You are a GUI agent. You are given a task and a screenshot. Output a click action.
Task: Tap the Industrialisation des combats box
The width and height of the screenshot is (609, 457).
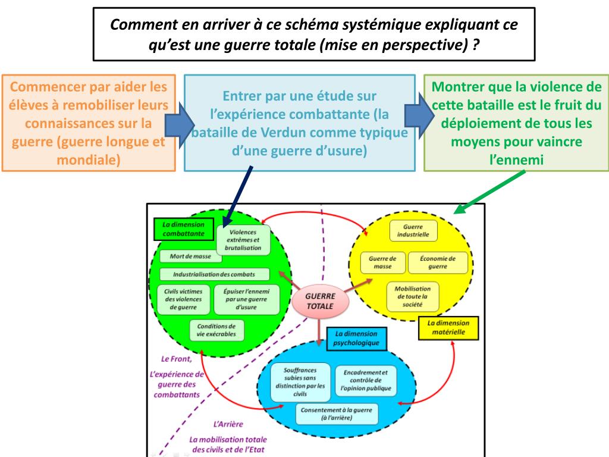click(215, 274)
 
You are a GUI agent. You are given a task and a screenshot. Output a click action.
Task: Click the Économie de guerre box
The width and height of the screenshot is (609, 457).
click(438, 262)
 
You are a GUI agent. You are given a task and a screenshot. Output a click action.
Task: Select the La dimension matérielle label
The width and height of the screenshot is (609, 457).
click(448, 327)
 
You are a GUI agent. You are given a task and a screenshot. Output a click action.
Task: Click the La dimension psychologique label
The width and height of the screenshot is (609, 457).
click(356, 339)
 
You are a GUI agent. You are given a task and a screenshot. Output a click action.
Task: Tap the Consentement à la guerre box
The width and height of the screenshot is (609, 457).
click(336, 414)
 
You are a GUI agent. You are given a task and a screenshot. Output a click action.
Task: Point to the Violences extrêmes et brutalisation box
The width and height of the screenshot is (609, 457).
click(243, 239)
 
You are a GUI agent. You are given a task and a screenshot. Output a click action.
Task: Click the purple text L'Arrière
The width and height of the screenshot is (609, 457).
click(228, 424)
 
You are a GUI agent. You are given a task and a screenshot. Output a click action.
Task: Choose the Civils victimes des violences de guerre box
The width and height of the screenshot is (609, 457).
click(183, 299)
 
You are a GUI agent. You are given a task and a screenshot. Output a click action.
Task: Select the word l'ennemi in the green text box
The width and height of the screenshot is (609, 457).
click(516, 159)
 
